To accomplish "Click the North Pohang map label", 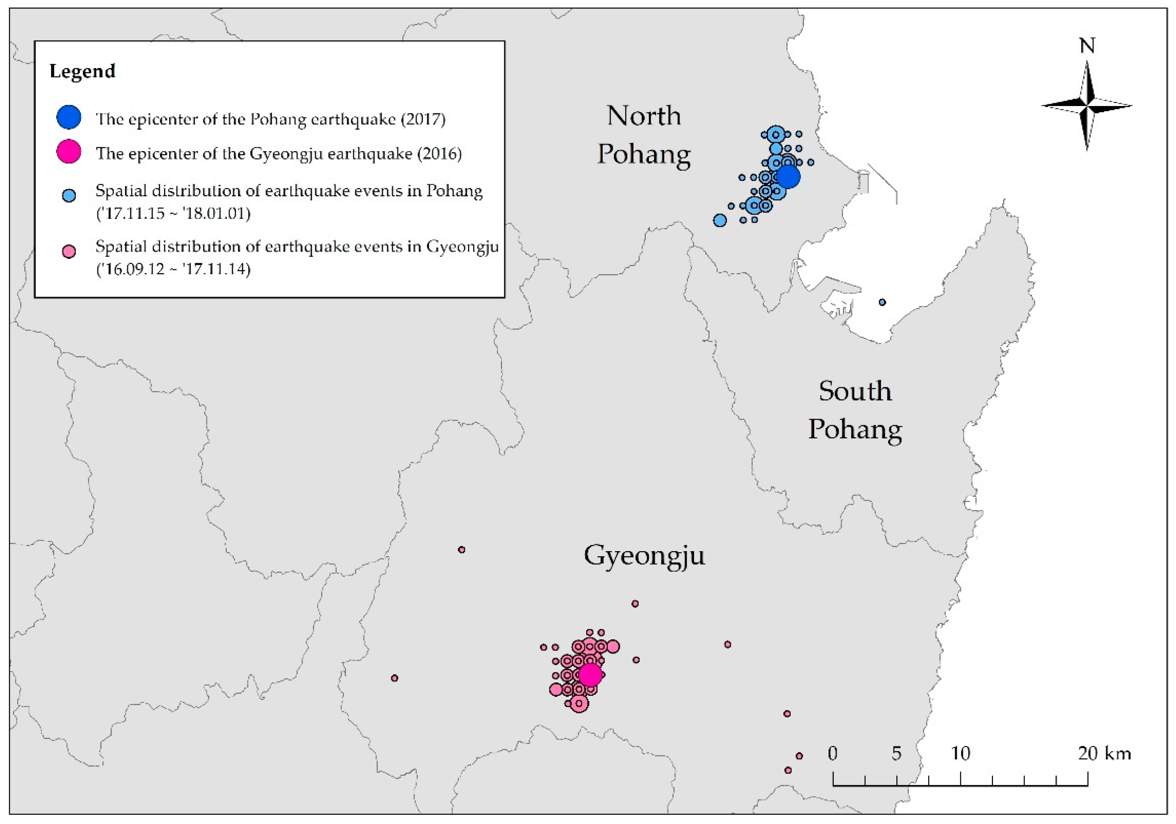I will (x=644, y=135).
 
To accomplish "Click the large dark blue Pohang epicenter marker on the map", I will (x=788, y=177).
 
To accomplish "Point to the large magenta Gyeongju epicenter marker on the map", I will (x=590, y=675).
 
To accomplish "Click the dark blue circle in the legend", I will (x=69, y=117).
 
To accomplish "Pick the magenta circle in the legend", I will (x=69, y=152).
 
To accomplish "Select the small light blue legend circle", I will (x=69, y=196).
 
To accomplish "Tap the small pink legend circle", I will (x=69, y=251).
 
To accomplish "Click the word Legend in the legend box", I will (x=82, y=71).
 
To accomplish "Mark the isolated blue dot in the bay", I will (x=882, y=302).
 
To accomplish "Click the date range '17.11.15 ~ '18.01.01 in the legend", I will (x=173, y=213).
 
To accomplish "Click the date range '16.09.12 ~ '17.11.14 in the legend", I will (x=173, y=269).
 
